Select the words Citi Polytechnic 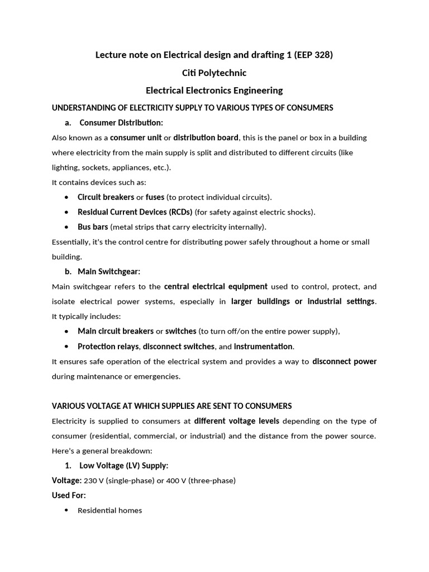[214, 73]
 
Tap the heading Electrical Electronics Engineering [214, 90]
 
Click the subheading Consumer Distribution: [121, 122]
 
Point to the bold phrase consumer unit [136, 137]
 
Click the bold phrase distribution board [206, 137]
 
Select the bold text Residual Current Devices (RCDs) [135, 212]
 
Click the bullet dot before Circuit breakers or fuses [66, 197]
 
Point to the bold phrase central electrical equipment [216, 287]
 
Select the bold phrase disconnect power [344, 361]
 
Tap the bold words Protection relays [108, 346]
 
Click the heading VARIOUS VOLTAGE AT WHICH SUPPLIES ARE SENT [171, 406]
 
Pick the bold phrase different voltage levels [236, 421]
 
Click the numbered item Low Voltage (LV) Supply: [123, 465]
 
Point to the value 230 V [94, 480]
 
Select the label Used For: [69, 495]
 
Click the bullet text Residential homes [109, 510]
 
